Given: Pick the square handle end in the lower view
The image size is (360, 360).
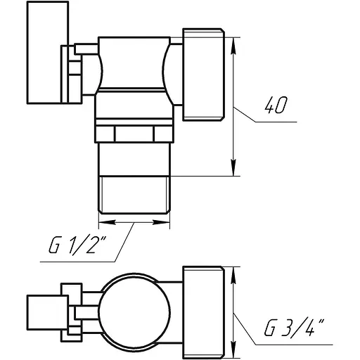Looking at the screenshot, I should tap(42, 309).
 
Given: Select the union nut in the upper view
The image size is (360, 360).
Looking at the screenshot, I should tap(203, 73).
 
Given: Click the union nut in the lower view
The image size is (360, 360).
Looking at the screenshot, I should tap(204, 309).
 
